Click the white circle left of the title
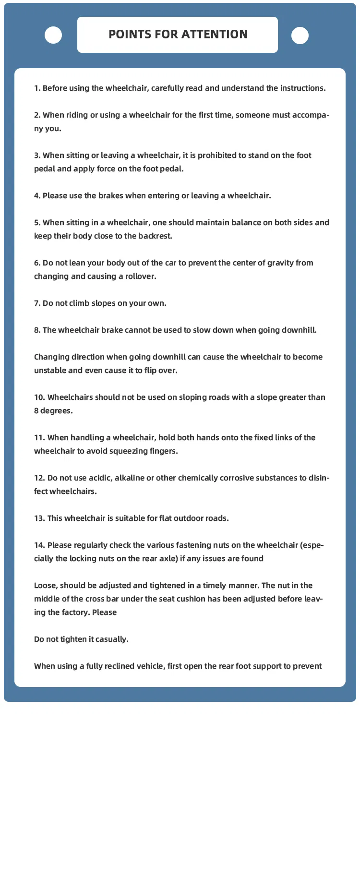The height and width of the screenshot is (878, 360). click(53, 35)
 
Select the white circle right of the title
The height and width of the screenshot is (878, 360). click(300, 36)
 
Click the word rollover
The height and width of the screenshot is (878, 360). click(141, 277)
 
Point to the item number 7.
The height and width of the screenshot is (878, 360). click(37, 303)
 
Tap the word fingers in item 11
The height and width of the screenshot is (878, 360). click(164, 451)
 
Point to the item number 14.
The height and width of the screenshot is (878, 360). click(39, 545)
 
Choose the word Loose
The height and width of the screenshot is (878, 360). click(46, 586)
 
